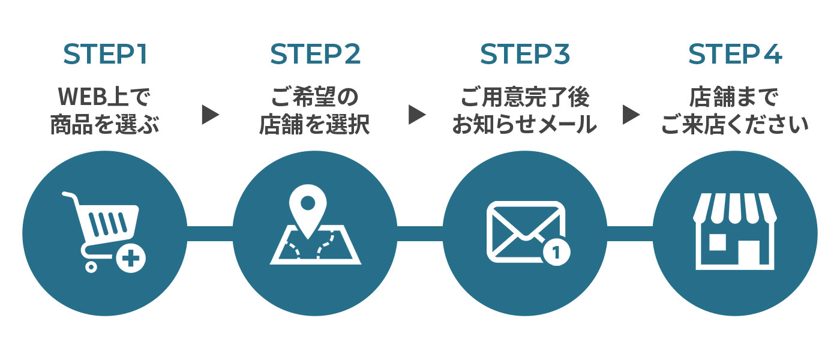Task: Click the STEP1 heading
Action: pyautogui.click(x=105, y=55)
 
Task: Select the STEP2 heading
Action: pyautogui.click(x=315, y=55)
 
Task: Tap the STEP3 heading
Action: pyautogui.click(x=524, y=55)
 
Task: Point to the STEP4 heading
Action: pyautogui.click(x=734, y=55)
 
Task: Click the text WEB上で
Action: pyautogui.click(x=105, y=96)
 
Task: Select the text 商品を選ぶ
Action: pyautogui.click(x=105, y=125)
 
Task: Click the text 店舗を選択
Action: pyautogui.click(x=314, y=125)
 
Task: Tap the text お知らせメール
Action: pyautogui.click(x=524, y=125)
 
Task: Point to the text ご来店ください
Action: pyautogui.click(x=734, y=125)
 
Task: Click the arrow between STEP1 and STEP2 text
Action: pyautogui.click(x=209, y=114)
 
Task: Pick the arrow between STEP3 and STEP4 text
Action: pyautogui.click(x=631, y=114)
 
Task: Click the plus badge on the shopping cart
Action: pyautogui.click(x=133, y=259)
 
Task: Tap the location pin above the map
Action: pyautogui.click(x=308, y=207)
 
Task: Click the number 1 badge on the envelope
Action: pyautogui.click(x=556, y=253)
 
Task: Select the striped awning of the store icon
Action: pyautogui.click(x=734, y=208)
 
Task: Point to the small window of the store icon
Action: pyautogui.click(x=718, y=241)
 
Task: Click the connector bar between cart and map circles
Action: pyautogui.click(x=209, y=234)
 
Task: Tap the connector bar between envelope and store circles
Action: pyautogui.click(x=630, y=234)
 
